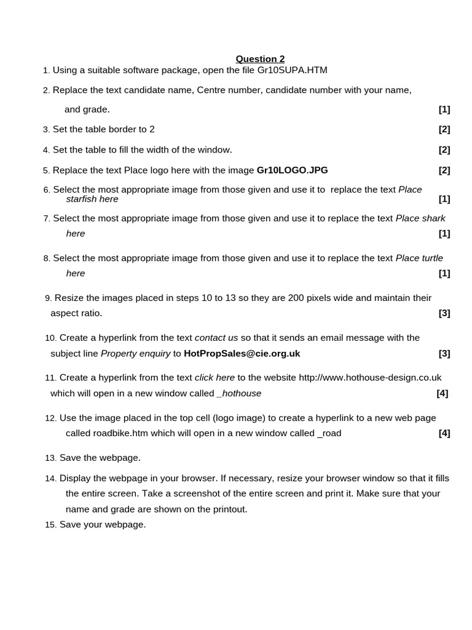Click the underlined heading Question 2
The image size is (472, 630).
point(260,59)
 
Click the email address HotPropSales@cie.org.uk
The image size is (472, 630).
point(242,353)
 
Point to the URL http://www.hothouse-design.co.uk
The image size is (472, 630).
point(370,377)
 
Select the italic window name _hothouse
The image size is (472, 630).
point(239,393)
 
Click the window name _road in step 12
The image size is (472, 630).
point(329,433)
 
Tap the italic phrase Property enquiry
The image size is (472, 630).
point(136,353)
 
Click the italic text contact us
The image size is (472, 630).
point(216,337)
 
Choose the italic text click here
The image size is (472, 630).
point(214,377)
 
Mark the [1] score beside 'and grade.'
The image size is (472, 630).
point(444,110)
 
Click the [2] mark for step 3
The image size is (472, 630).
point(444,129)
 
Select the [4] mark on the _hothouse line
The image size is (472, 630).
point(442,393)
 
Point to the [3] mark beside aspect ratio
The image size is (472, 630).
point(444,313)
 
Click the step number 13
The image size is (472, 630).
point(50,458)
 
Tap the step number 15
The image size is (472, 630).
point(50,525)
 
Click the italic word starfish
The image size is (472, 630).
point(82,199)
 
